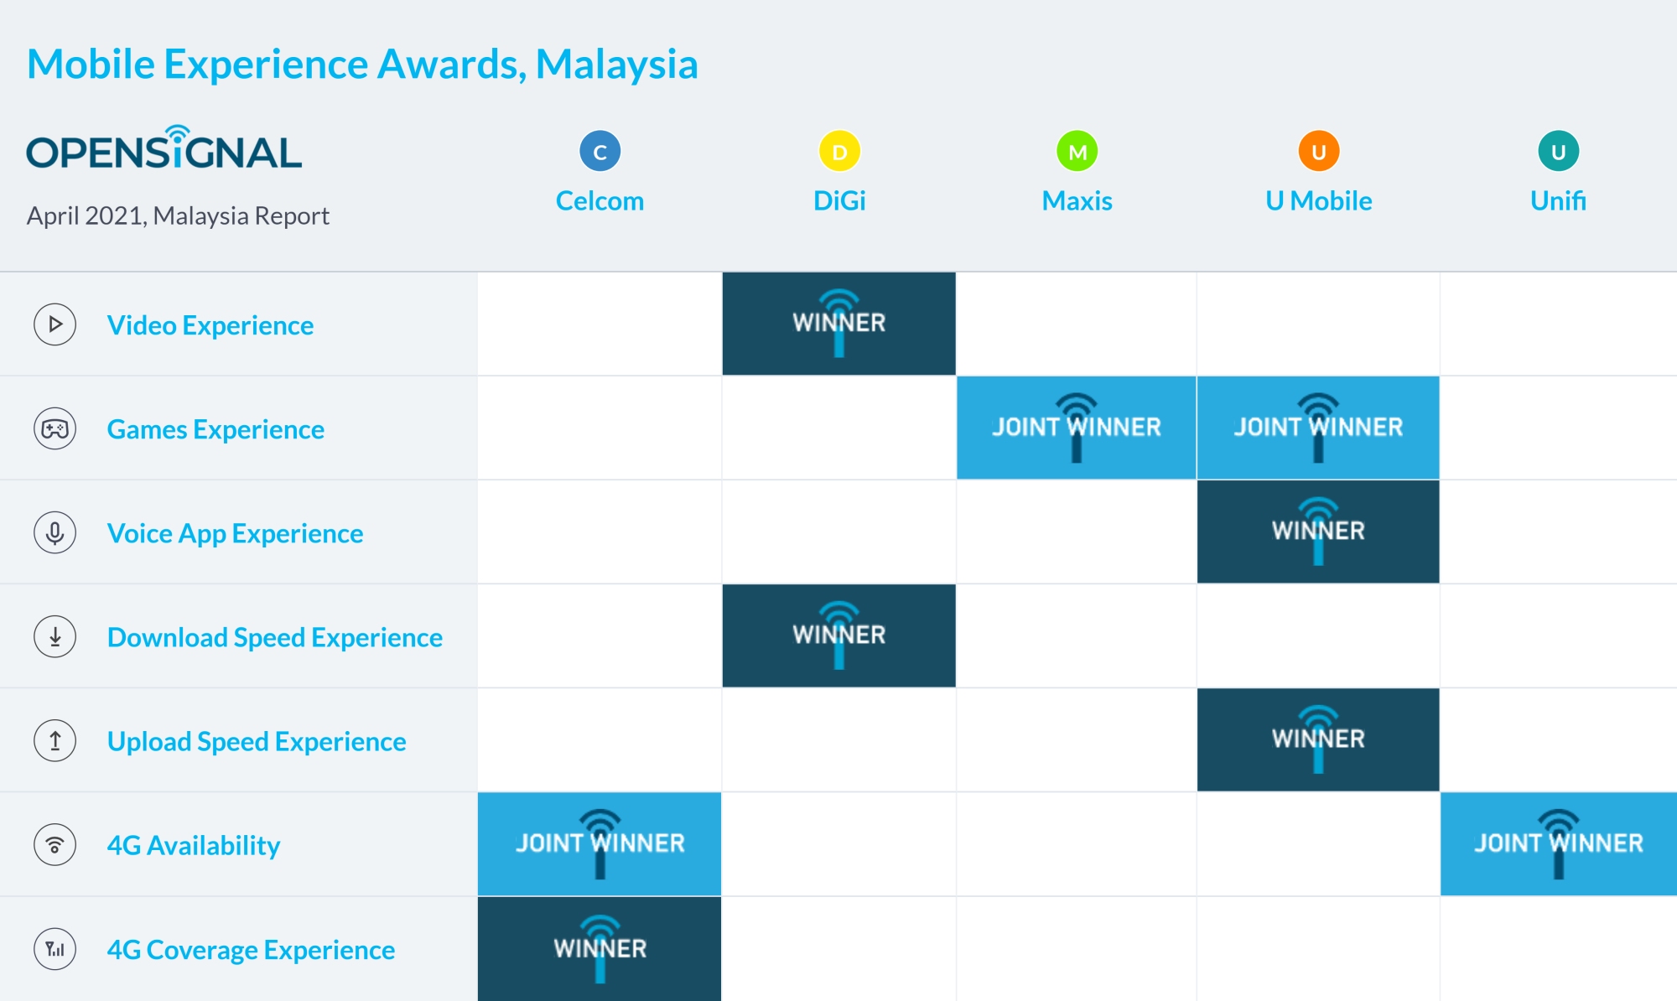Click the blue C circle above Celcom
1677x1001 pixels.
coord(600,152)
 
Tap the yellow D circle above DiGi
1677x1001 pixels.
coord(839,152)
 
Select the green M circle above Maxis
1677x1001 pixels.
coord(1077,152)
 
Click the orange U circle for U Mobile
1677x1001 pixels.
coord(1318,152)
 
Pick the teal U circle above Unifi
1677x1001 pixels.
coord(1558,152)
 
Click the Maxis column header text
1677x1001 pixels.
coord(1077,201)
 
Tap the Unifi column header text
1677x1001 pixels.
coord(1558,201)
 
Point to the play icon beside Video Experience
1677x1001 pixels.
coord(55,324)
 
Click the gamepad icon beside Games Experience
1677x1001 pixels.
coord(55,428)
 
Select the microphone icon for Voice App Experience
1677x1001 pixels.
coord(55,532)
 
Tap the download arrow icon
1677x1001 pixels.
coord(55,636)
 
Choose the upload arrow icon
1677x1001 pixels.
coord(55,740)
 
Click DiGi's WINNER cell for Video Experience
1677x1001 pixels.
coord(838,324)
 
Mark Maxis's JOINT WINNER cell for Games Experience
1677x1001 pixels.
coord(1077,428)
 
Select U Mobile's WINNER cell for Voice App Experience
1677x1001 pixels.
coord(1318,532)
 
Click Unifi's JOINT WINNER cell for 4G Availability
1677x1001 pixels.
coord(1558,843)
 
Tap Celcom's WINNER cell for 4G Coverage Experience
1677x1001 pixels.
coord(600,948)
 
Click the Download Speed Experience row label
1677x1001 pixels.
coord(275,637)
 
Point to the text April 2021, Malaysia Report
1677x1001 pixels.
coord(178,216)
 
